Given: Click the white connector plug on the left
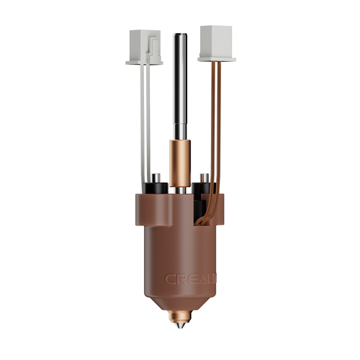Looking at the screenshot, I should [144, 45].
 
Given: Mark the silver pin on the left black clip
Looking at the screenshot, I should [153, 176].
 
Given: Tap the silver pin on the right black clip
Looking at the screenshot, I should [204, 176].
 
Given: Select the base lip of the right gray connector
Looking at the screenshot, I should [215, 59].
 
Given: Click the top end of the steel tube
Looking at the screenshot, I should [180, 34].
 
